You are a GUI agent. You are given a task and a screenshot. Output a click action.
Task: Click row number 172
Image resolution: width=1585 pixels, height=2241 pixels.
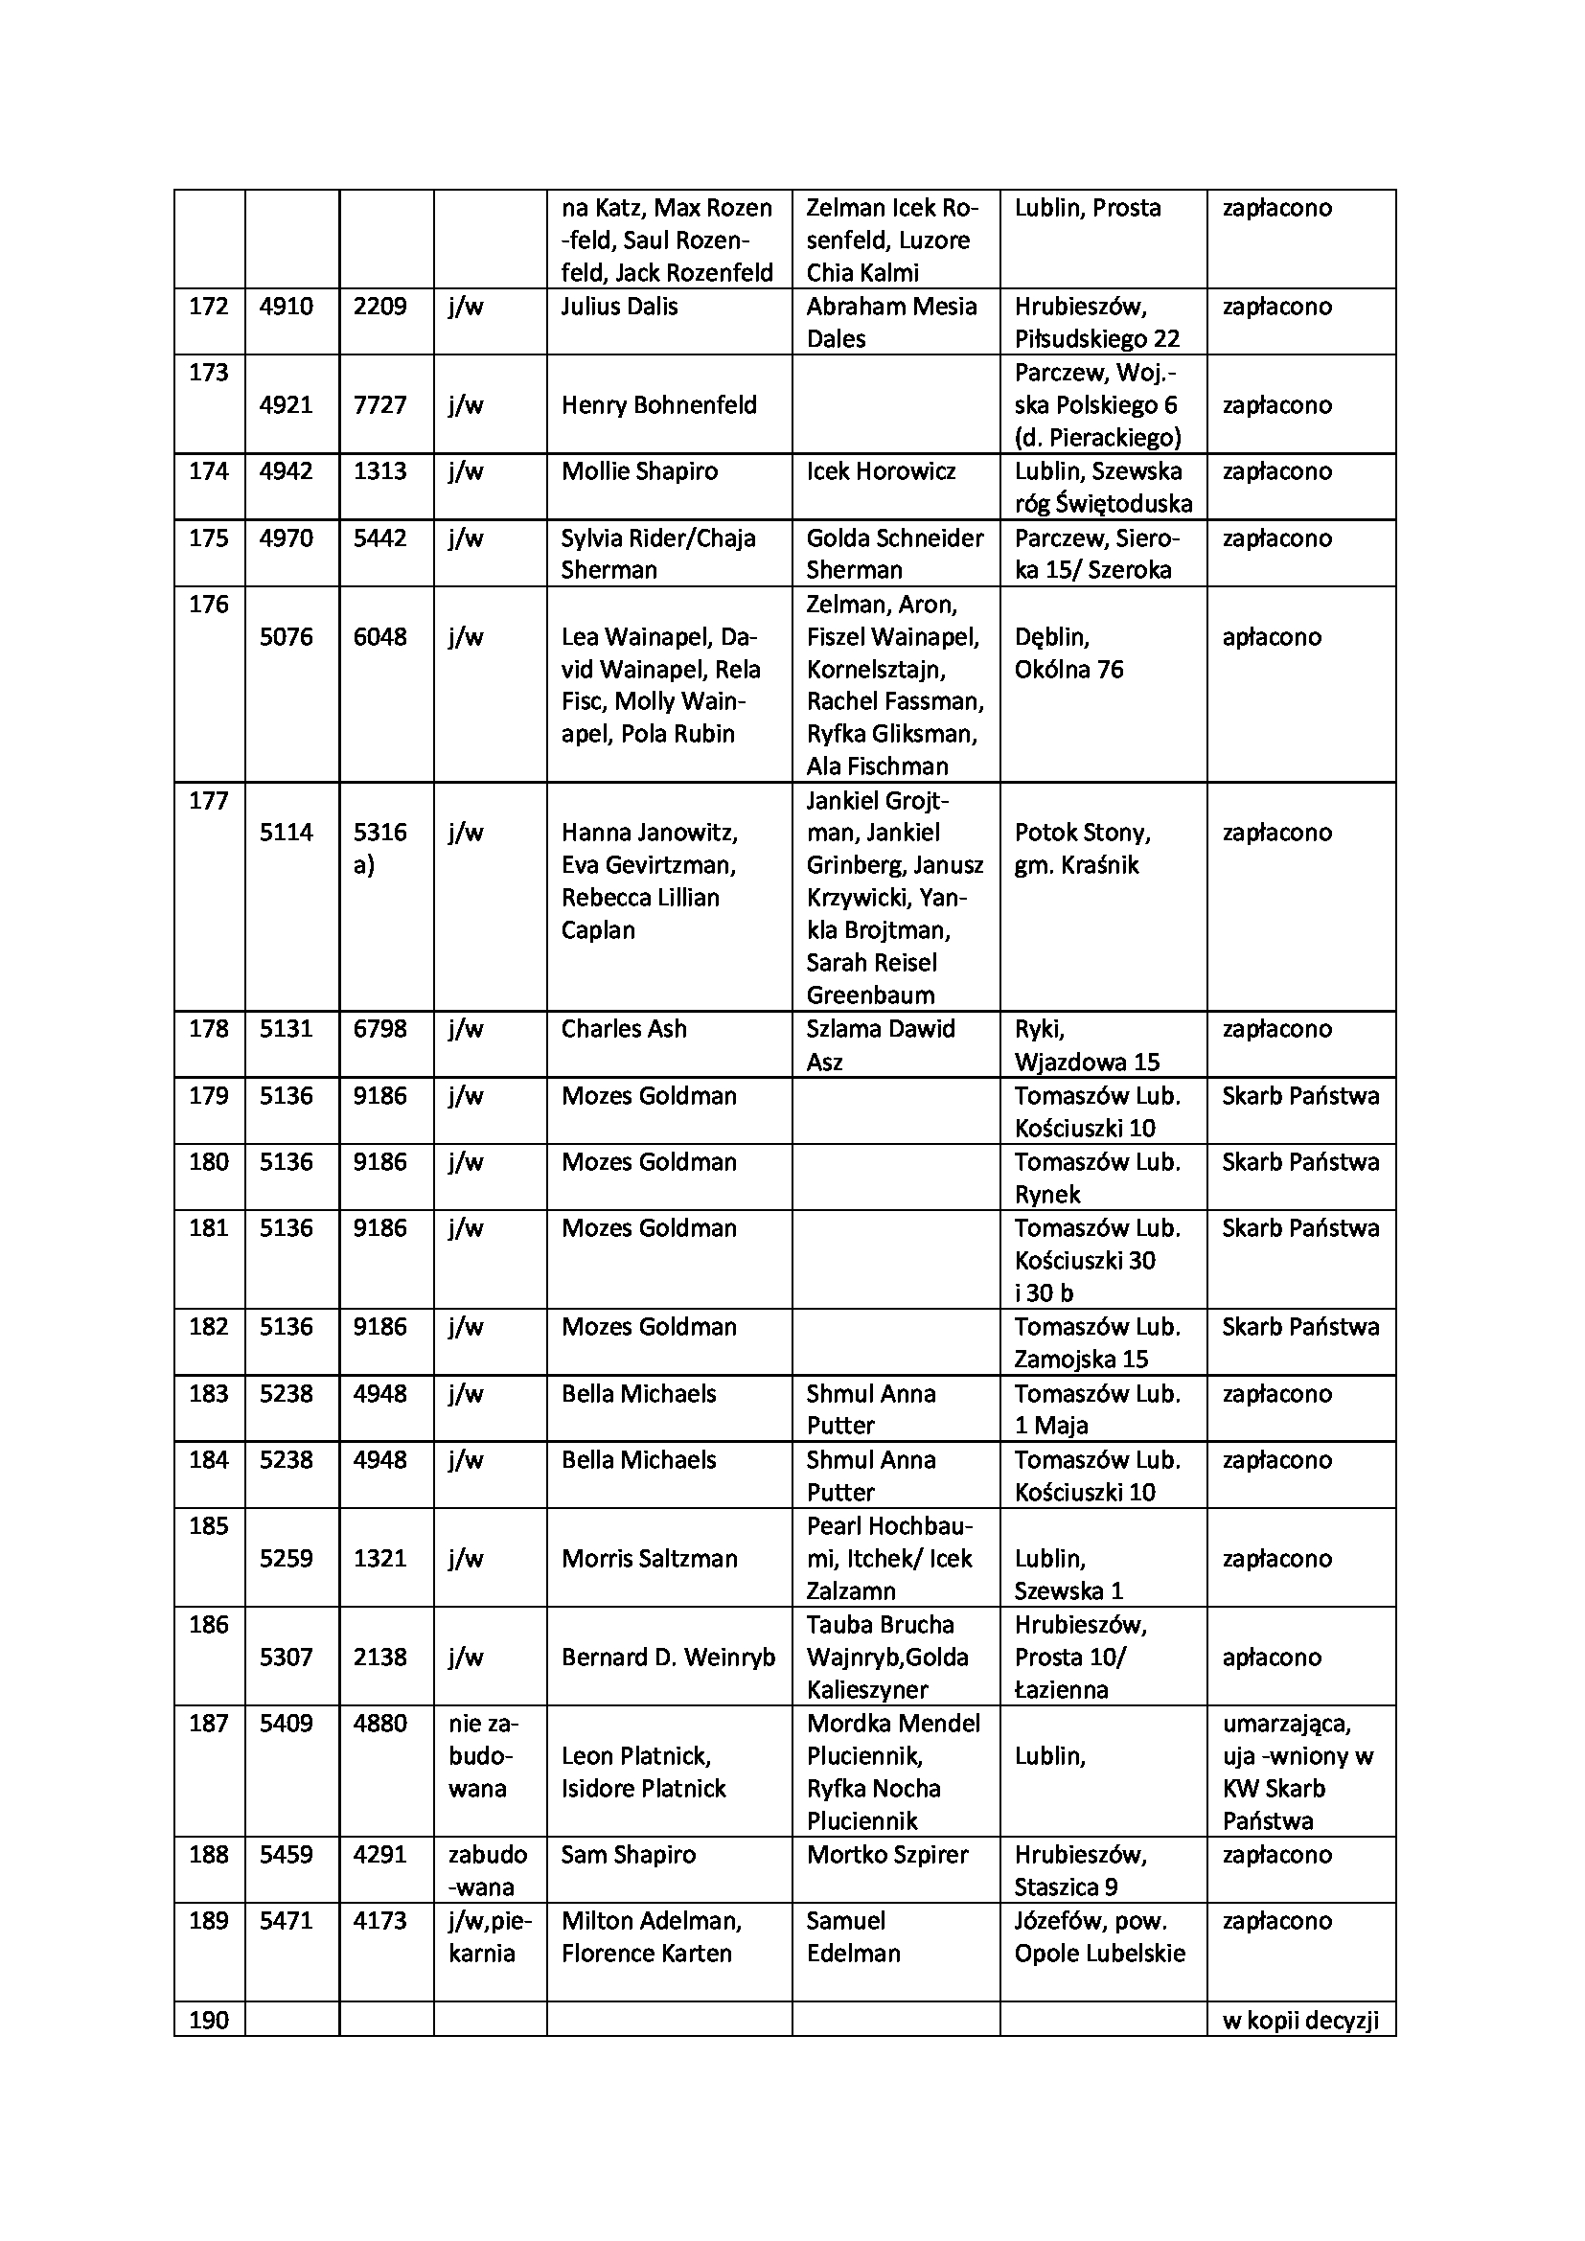click(x=208, y=307)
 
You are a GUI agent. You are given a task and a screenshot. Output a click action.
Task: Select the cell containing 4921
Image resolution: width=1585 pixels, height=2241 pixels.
click(x=286, y=405)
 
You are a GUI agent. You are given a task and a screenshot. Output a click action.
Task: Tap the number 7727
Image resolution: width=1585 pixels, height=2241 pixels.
click(x=379, y=405)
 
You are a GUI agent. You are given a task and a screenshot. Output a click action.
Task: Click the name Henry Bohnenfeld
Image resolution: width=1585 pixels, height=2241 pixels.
click(x=658, y=405)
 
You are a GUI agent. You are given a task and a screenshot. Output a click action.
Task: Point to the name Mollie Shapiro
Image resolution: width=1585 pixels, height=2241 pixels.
click(x=639, y=471)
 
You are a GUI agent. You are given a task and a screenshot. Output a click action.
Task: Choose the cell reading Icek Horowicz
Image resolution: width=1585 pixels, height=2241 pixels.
click(x=881, y=471)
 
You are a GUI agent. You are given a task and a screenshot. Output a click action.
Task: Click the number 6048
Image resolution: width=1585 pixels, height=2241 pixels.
click(x=379, y=637)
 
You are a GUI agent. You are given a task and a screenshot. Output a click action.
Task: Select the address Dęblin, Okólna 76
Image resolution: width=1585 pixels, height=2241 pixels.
click(x=1068, y=653)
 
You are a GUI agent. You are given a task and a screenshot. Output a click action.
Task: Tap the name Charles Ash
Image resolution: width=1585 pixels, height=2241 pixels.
click(x=624, y=1029)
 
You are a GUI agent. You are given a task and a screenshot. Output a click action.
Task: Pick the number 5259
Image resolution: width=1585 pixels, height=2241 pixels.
click(x=286, y=1559)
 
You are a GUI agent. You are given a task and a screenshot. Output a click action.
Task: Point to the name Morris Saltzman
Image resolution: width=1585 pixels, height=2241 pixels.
click(x=649, y=1559)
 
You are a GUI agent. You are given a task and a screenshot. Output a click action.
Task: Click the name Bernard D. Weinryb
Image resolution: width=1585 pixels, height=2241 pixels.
click(x=668, y=1658)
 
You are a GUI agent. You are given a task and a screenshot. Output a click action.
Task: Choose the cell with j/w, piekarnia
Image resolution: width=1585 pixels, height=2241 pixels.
click(x=490, y=1937)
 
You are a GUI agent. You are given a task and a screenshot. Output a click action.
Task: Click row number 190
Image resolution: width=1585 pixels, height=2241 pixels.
click(x=208, y=2021)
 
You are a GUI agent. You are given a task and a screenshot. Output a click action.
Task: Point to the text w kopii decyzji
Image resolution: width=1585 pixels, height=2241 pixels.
click(x=1300, y=2021)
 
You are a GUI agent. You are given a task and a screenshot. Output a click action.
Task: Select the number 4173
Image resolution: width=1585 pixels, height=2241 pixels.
click(x=379, y=1921)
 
